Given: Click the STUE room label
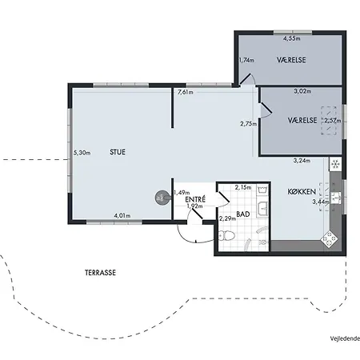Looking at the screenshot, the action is point(118,152).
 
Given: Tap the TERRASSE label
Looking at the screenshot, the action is point(100,273).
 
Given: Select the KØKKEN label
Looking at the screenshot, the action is point(302,191).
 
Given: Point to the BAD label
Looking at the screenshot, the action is point(243,214).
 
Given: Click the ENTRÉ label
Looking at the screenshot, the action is point(195,199).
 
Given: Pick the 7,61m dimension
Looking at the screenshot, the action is point(186,92).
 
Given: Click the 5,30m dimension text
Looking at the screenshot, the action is point(82,153).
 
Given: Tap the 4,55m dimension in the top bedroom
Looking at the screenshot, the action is point(292,38).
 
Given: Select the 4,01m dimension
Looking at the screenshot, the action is point(122,215).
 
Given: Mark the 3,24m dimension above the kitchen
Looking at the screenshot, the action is point(302,161).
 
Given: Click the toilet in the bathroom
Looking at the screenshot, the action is point(226,236).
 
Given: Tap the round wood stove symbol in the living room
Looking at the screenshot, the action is point(162,198).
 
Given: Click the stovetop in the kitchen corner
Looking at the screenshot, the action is point(330,239).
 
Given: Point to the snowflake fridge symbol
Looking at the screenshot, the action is point(335,164).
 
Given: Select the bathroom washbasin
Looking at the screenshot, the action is point(263,208).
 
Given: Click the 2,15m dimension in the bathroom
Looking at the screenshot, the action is point(243,187).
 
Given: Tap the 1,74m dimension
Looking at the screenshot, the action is point(246,60).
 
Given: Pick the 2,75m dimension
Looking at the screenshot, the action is point(249,124).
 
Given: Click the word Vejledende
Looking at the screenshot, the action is point(345,338).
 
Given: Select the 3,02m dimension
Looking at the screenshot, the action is point(302,91).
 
